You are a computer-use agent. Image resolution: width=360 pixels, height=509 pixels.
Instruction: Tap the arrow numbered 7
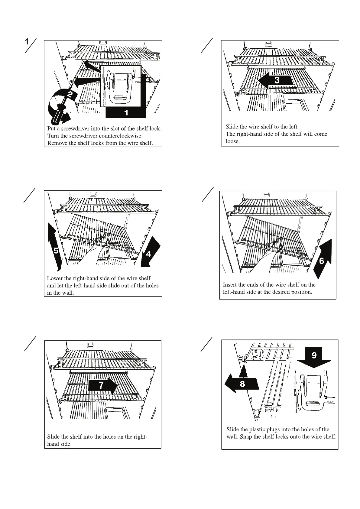tap(102, 385)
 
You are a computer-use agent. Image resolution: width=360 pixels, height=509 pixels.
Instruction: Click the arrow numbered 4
tap(149, 252)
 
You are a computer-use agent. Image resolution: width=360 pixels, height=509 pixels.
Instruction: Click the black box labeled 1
tap(126, 113)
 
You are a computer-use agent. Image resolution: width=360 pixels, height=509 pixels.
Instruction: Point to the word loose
tap(232, 141)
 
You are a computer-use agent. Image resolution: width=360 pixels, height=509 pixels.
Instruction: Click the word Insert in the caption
tap(230, 285)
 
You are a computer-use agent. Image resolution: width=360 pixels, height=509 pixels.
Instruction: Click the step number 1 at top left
tap(27, 42)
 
